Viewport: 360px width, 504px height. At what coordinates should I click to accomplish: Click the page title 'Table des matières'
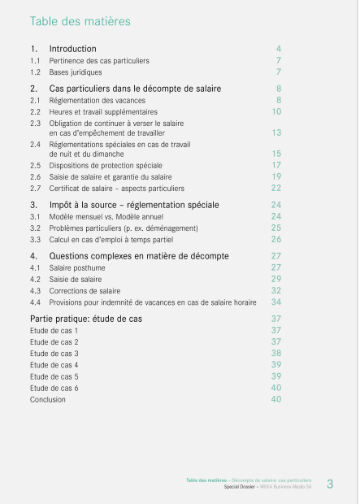[80, 21]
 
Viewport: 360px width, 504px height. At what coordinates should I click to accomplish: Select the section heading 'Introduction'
[72, 49]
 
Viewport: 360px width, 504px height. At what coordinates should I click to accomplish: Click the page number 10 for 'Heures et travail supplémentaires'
[276, 111]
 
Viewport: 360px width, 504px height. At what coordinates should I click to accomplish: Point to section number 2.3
[35, 123]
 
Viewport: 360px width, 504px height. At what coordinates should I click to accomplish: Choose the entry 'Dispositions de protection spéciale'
[106, 165]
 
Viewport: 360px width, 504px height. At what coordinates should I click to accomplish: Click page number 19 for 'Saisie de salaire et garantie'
[276, 176]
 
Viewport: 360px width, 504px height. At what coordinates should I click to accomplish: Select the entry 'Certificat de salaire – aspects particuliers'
[116, 188]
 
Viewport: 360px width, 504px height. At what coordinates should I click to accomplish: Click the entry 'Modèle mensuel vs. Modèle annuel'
[106, 217]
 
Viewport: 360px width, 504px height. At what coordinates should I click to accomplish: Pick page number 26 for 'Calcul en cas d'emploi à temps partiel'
[276, 240]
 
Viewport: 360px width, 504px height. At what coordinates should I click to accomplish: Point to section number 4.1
[35, 267]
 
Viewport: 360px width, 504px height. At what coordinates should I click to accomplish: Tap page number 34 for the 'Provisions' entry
[276, 302]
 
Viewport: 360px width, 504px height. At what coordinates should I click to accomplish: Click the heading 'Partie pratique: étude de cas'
[85, 319]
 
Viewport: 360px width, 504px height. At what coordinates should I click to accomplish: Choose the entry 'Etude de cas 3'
[54, 354]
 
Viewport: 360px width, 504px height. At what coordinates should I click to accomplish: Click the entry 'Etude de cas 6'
[54, 388]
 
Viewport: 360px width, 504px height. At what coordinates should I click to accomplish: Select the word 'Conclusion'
[49, 399]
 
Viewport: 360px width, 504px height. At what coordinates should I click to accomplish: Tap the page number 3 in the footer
[330, 485]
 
